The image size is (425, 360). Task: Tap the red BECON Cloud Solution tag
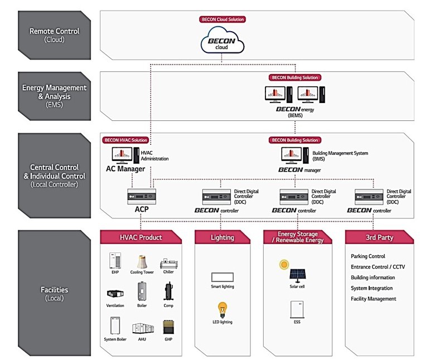click(223, 19)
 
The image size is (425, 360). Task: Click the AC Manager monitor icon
click(122, 155)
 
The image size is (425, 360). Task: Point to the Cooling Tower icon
click(142, 261)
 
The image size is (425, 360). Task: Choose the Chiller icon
click(169, 262)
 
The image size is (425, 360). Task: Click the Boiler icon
click(142, 291)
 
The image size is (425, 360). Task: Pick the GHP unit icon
click(168, 327)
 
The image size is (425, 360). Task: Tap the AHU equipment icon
click(142, 328)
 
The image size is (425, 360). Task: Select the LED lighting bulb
click(223, 309)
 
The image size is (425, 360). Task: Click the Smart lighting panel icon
click(223, 276)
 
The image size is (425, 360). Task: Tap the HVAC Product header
click(142, 237)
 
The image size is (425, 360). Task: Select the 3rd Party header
click(379, 237)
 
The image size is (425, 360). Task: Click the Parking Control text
click(368, 256)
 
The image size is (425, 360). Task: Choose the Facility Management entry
click(374, 299)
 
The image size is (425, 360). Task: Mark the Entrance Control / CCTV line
click(378, 267)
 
